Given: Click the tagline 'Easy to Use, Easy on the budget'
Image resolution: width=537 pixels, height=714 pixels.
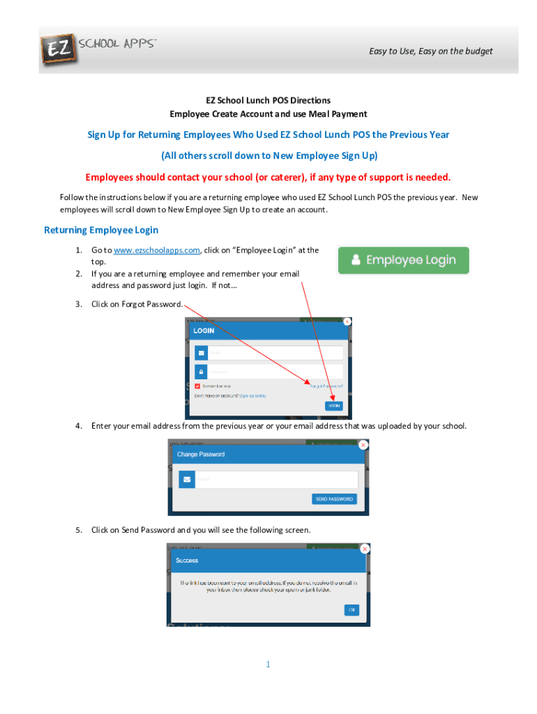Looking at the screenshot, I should click(x=430, y=51).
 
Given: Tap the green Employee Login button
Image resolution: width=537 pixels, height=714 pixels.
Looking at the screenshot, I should click(x=403, y=260).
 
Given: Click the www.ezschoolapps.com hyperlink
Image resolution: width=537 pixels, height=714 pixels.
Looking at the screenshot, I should click(x=157, y=250).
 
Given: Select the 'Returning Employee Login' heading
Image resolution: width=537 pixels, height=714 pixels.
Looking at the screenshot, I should click(x=101, y=230).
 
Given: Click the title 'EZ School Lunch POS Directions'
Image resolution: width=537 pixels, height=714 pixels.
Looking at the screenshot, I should click(x=268, y=100).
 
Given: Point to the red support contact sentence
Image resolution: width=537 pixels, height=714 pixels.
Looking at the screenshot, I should click(x=268, y=177).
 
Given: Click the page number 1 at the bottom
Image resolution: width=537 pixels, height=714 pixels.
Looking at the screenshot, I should click(x=268, y=664).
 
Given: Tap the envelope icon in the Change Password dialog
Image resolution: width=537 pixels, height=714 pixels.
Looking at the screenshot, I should click(x=186, y=480).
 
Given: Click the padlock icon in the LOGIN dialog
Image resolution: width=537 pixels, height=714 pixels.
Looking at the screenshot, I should click(x=201, y=372).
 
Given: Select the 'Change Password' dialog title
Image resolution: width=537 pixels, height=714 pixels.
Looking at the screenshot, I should click(x=201, y=454).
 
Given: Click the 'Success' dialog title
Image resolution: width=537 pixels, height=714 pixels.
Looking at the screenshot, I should click(x=187, y=560).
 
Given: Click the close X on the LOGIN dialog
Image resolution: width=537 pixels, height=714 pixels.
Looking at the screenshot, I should click(x=347, y=322).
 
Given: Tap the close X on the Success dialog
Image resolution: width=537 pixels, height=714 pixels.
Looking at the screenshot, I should click(x=364, y=549).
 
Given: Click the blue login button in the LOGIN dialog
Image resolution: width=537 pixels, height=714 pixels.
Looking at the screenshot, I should click(x=333, y=406).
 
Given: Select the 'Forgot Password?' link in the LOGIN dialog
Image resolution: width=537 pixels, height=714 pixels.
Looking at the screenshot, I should click(x=326, y=386).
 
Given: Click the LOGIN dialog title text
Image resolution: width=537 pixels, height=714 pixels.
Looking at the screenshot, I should click(x=204, y=331).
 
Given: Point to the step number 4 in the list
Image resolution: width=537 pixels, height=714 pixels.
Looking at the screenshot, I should click(x=80, y=425).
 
